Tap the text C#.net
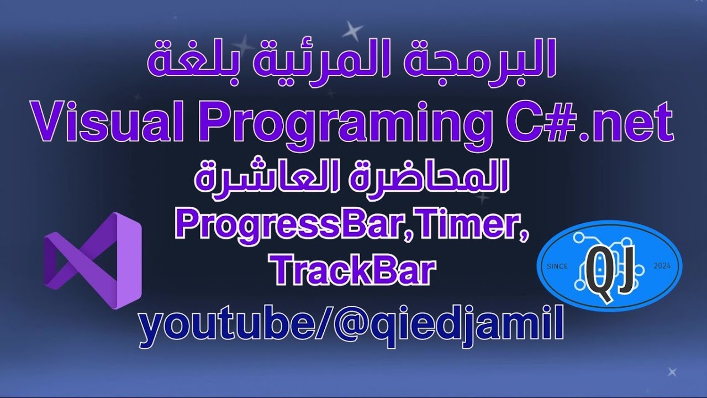point(581,122)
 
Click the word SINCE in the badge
point(557,266)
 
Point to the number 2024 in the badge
point(662,266)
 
